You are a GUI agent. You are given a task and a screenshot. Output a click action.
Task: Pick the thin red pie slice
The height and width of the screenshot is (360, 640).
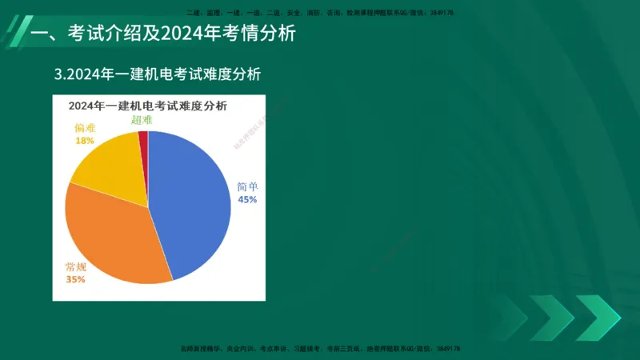click(143, 140)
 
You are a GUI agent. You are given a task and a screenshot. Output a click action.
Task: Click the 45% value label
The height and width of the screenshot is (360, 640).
click(247, 200)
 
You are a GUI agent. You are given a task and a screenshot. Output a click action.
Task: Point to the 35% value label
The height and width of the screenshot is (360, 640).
click(75, 279)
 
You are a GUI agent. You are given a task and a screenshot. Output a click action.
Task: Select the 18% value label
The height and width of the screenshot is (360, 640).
click(84, 140)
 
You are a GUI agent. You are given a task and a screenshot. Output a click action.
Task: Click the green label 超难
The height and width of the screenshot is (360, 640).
click(142, 120)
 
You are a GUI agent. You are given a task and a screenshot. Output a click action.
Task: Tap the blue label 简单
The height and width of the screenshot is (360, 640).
click(247, 186)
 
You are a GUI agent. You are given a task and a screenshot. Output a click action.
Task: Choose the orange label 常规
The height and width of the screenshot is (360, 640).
click(76, 266)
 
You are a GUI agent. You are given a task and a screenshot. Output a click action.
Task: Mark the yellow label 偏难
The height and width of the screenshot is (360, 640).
click(85, 127)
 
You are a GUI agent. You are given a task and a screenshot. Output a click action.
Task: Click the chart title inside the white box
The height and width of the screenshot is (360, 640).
click(147, 106)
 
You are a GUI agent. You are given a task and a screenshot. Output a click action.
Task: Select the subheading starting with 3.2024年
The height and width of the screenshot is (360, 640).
click(158, 74)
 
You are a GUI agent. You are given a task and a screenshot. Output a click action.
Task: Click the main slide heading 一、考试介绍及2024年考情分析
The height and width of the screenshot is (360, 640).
click(162, 34)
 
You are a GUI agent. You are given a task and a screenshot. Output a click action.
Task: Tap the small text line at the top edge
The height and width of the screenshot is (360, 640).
click(319, 13)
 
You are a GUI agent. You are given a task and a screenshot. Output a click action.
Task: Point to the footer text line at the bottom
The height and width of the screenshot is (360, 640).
click(319, 349)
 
